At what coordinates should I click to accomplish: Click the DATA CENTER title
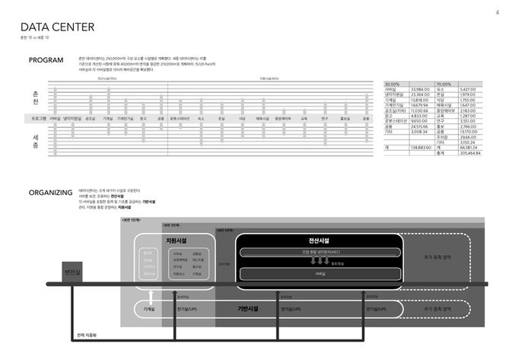pyautogui.click(x=59, y=27)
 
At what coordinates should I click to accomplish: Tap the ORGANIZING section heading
pyautogui.click(x=49, y=193)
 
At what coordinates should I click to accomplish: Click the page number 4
pyautogui.click(x=496, y=11)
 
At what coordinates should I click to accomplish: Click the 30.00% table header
pyautogui.click(x=393, y=83)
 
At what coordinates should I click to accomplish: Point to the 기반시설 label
pyautogui.click(x=249, y=309)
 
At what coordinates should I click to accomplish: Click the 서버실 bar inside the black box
pyautogui.click(x=319, y=272)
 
